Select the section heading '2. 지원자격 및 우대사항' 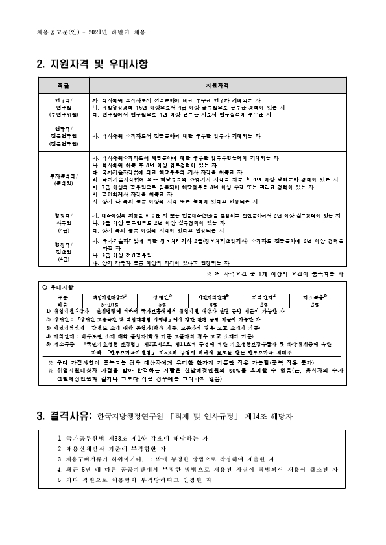93,64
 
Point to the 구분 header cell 62,296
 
